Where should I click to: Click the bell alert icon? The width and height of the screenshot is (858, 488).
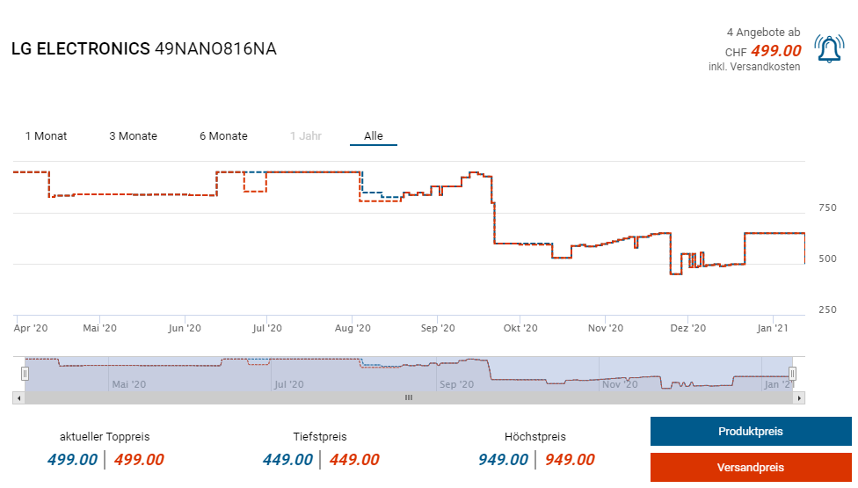click(829, 49)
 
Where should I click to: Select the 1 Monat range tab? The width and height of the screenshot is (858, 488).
click(46, 136)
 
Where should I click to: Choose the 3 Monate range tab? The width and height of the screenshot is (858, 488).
click(133, 136)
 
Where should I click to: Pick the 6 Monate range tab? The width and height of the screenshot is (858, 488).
click(223, 136)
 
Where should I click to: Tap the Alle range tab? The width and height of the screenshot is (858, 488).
click(374, 136)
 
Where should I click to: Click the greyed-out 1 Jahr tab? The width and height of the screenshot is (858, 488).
click(306, 136)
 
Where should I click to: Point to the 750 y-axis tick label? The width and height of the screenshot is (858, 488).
click(827, 208)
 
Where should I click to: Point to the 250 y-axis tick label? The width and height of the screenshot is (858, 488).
click(827, 310)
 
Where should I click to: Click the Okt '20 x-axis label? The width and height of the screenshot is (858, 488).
click(520, 328)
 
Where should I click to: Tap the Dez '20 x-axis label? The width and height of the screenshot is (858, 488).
click(688, 328)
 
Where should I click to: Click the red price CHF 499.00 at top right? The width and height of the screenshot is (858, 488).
click(775, 51)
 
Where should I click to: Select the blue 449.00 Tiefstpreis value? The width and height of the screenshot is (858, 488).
click(287, 460)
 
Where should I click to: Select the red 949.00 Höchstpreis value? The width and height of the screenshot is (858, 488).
click(570, 460)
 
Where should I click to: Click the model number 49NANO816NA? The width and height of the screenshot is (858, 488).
click(215, 49)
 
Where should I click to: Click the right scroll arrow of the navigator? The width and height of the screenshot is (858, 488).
click(798, 397)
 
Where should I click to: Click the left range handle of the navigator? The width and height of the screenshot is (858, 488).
click(25, 374)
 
